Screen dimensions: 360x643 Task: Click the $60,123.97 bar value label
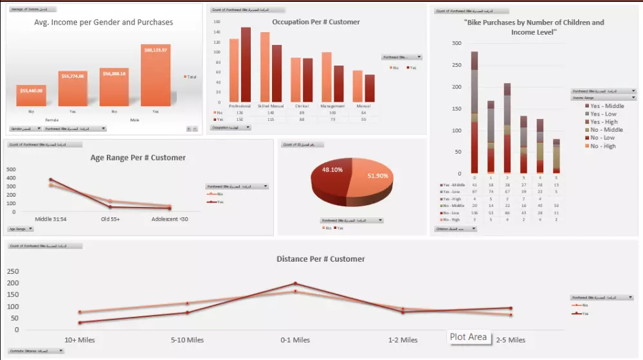coord(156,50)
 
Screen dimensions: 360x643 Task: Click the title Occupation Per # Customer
coord(316,22)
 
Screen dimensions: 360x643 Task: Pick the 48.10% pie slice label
coord(332,170)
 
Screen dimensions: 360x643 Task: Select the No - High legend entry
coord(602,146)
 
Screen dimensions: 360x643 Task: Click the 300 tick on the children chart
coord(457,43)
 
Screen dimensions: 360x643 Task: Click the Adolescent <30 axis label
coord(170,219)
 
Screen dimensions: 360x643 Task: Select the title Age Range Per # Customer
coord(138,157)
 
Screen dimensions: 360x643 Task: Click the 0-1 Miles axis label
coord(294,340)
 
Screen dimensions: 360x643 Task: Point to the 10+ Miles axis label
coord(80,340)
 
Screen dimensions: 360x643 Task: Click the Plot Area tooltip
coord(468,337)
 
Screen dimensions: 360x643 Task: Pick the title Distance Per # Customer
coord(320,259)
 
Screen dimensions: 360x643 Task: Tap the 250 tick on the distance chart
coord(13,272)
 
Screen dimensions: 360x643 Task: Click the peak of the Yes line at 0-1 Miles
coord(295,283)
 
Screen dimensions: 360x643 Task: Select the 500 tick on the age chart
coord(11,169)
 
